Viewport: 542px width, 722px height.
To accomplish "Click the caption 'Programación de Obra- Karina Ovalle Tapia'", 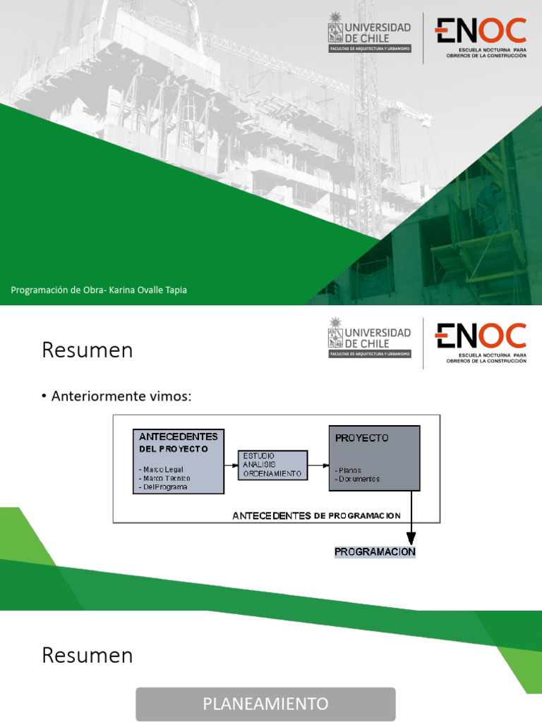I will click(99, 290).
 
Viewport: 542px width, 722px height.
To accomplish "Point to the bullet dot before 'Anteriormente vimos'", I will click(44, 397).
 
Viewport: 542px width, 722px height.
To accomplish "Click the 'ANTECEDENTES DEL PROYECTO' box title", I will click(179, 442).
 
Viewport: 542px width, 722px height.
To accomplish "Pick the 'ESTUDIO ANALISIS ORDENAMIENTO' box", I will click(272, 465).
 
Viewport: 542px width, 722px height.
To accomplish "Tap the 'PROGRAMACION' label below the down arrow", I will click(375, 551).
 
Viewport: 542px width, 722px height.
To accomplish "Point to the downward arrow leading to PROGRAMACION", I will click(411, 518).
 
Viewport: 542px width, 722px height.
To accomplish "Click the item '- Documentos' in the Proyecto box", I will click(358, 479).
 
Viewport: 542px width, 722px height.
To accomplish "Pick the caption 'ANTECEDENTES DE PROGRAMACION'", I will click(317, 515).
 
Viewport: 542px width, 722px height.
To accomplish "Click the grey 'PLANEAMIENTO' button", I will click(265, 704).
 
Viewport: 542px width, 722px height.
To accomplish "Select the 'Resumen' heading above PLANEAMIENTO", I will click(88, 655).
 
